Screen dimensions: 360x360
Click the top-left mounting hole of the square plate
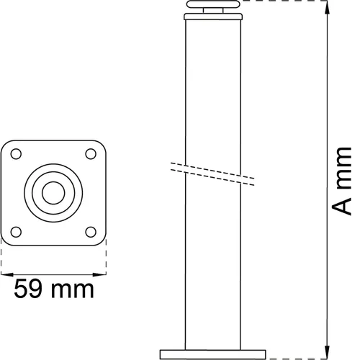tap(17, 154)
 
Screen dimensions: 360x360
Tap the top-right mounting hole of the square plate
tap(90, 154)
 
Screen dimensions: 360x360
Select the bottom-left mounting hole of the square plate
tap(17, 231)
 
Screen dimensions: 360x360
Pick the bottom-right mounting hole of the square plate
tap(90, 231)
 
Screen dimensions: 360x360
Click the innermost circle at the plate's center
tap(53, 192)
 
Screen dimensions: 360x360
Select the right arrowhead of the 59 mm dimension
tap(103, 274)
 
